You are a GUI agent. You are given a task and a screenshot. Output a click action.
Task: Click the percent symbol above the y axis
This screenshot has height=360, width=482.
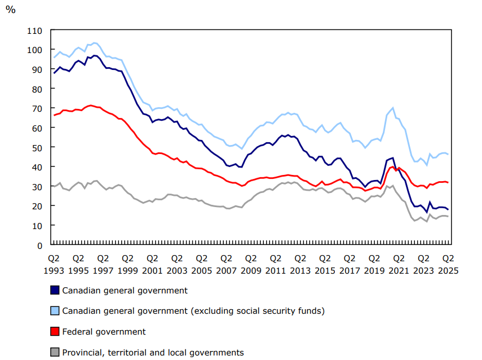pos(10,10)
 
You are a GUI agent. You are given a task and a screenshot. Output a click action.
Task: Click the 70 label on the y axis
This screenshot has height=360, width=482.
pos(36,108)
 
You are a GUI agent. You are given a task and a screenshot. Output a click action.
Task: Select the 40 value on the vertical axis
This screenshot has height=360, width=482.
pos(36,167)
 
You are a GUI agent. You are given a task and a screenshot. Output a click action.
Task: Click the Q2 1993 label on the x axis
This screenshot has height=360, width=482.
pos(54,264)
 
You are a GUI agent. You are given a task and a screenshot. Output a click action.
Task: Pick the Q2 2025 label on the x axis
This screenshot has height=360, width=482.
pos(448,264)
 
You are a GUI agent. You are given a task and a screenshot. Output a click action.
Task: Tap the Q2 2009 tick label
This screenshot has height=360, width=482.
pos(251,264)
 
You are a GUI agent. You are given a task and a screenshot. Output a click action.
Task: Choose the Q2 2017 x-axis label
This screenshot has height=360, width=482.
pos(350,264)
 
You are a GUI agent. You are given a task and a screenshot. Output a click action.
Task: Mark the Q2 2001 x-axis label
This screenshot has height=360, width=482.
pos(152,264)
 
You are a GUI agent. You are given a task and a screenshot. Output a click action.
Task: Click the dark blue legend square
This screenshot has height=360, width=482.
pos(55,290)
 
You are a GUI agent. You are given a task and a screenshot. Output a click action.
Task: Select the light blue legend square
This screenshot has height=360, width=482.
pos(55,310)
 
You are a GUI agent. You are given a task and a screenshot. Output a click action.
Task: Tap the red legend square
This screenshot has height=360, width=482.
pos(55,331)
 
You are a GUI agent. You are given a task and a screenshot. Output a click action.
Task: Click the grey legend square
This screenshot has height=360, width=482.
pos(55,352)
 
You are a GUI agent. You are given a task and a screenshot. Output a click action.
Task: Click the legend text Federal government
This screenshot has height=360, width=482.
pos(104,331)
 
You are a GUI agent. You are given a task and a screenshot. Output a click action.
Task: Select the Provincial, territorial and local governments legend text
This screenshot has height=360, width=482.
pos(153,352)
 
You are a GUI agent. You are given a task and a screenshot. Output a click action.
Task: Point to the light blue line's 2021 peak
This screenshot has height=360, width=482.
pos(392,108)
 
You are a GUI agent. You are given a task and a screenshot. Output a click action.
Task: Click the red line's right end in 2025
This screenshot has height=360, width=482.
pos(448,182)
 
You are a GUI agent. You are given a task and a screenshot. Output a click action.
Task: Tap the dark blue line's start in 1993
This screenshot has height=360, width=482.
pos(54,73)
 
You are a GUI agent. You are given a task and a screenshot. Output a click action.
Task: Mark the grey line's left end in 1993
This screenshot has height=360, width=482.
pos(54,186)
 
